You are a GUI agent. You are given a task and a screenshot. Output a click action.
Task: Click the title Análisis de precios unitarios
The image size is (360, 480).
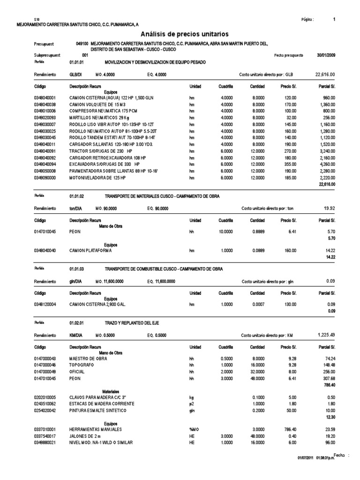184,34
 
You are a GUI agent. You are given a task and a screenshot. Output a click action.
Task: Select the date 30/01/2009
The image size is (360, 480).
325,55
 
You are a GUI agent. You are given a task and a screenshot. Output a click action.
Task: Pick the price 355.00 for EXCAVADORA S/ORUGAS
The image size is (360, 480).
289,165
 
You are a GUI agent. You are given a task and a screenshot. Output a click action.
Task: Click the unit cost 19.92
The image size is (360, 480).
328,208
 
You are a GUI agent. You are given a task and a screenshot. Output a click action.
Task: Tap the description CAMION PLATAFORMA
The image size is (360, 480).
90,251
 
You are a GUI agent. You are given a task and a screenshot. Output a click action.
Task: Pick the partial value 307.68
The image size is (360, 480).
326,378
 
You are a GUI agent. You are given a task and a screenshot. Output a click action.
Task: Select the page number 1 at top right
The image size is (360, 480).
334,19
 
